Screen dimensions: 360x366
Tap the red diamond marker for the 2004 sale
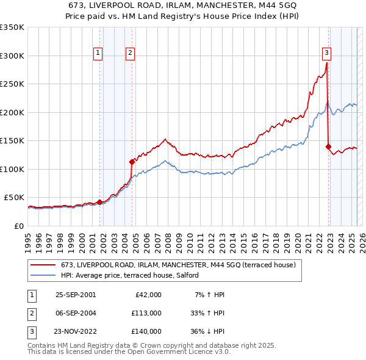tap(132, 162)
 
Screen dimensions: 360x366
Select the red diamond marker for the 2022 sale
tap(329, 146)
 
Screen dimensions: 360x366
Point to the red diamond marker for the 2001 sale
tap(99, 202)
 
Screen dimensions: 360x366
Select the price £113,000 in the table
tap(146, 313)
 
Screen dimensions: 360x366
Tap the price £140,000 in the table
tap(146, 331)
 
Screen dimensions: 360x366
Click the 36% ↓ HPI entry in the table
tap(207, 331)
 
